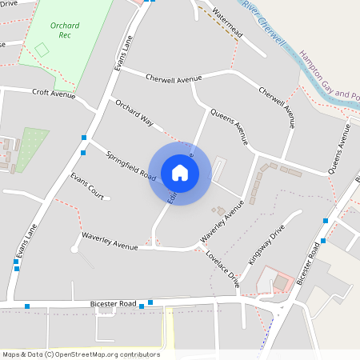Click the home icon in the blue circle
coord(180,172)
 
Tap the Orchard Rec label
coord(65,30)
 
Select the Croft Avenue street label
coord(54,93)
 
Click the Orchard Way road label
coord(134,114)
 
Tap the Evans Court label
coord(86,186)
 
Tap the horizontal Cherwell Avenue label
coord(174,78)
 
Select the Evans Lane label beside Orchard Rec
coord(123,54)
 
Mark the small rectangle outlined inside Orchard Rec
coord(42,50)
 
